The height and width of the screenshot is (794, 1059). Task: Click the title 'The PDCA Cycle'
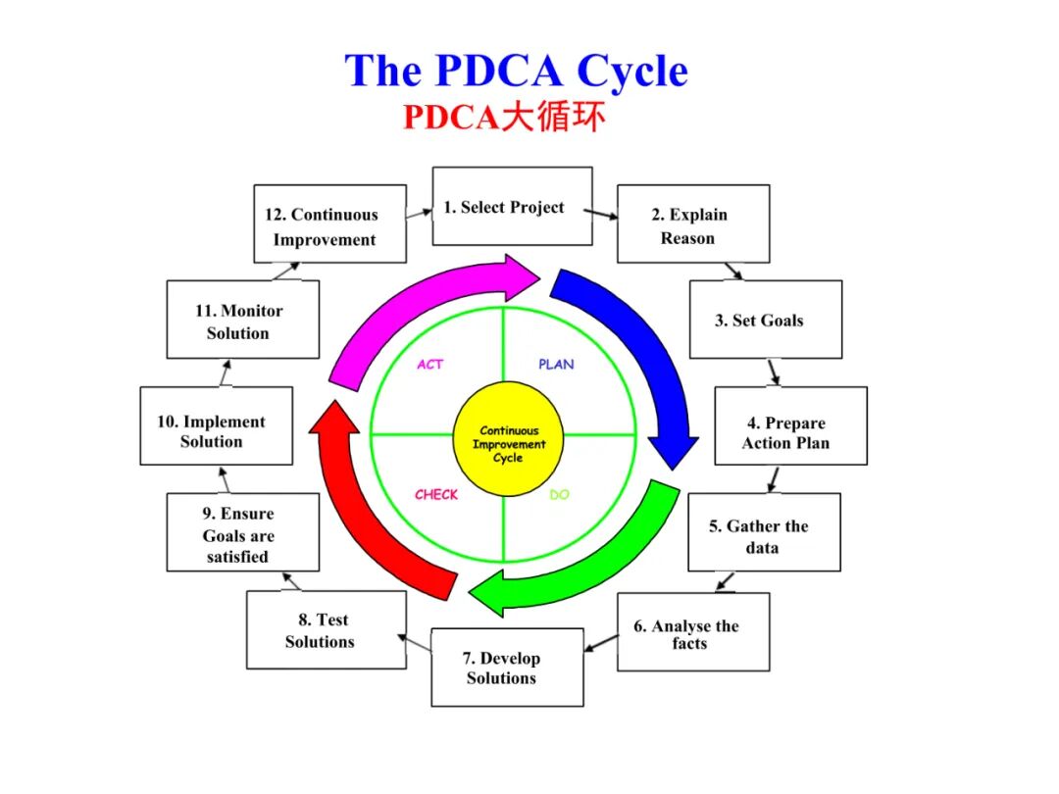tap(516, 72)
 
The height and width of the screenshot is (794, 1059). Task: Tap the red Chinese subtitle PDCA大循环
tap(503, 118)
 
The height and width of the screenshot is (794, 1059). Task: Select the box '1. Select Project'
tap(512, 206)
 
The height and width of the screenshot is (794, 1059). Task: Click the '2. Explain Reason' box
tap(692, 224)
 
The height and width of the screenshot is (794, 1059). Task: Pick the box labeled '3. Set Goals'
tap(765, 320)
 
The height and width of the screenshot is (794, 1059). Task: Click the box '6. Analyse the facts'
tap(692, 632)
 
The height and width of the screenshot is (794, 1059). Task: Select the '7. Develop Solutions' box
tap(507, 667)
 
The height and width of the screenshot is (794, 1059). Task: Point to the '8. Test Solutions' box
tap(326, 630)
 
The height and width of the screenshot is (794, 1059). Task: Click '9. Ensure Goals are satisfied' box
tap(242, 532)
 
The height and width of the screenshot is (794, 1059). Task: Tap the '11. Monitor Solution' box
tap(242, 320)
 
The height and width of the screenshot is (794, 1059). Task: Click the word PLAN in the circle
tap(556, 365)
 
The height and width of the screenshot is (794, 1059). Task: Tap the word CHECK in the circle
tap(435, 495)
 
